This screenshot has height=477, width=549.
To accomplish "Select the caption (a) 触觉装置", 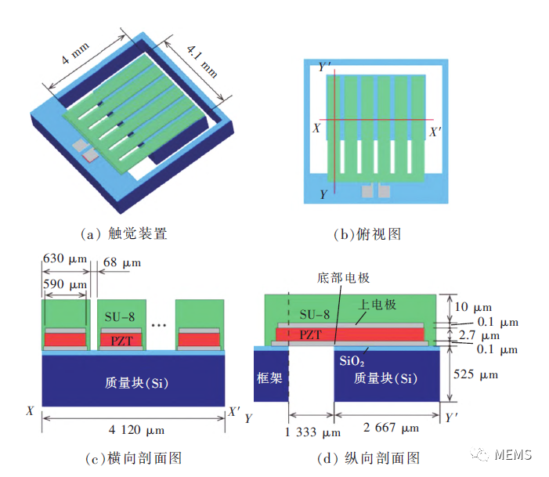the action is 125,233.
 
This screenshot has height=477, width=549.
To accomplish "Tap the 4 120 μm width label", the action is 133,429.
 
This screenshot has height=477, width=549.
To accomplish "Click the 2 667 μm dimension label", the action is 391,428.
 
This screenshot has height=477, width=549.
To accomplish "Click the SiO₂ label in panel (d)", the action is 352,362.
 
